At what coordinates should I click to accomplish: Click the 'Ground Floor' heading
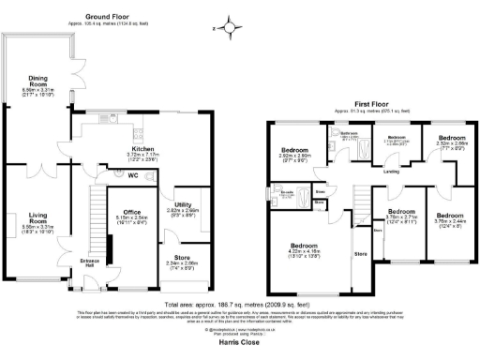click(106, 16)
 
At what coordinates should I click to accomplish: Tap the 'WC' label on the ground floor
click(134, 175)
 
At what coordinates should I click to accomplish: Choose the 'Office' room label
click(124, 212)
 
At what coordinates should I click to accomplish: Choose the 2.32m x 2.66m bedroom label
click(441, 142)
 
